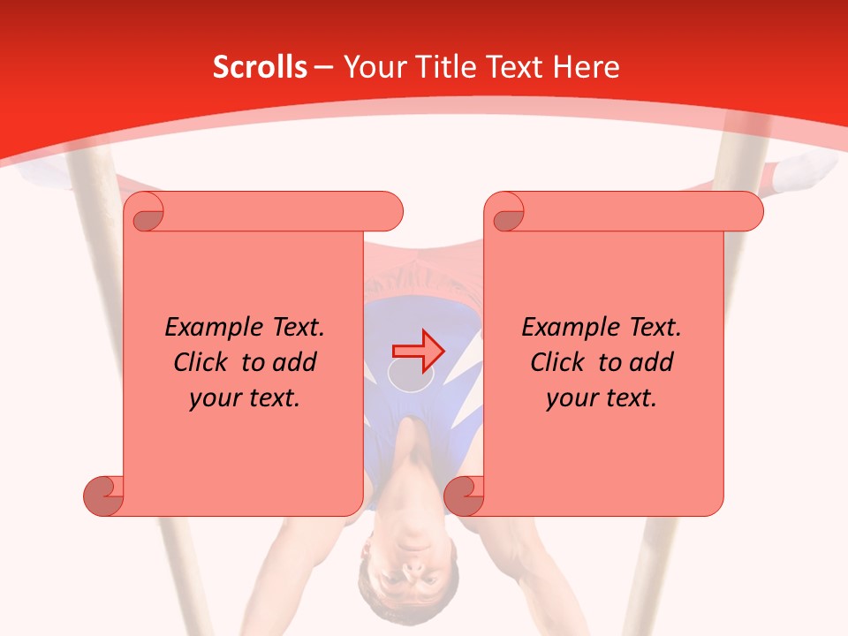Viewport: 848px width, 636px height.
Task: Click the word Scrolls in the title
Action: pos(260,67)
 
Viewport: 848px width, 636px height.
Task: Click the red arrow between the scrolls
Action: pos(418,351)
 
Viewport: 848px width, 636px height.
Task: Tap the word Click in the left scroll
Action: pos(204,362)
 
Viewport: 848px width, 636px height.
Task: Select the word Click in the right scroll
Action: pos(561,362)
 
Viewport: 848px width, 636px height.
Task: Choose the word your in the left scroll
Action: pos(213,398)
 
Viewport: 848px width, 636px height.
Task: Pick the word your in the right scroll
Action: pos(570,398)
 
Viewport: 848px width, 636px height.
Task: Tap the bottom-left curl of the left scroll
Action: pos(103,496)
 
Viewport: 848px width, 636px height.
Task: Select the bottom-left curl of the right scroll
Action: pos(464,496)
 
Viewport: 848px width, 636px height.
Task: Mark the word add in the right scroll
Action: pos(651,362)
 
